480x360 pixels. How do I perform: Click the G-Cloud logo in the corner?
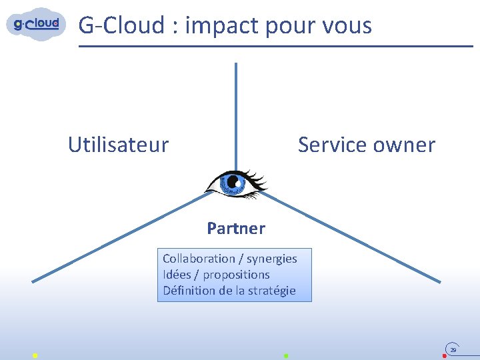click(37, 25)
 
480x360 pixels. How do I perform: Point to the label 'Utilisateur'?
click(118, 145)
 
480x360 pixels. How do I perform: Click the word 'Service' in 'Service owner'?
click(331, 145)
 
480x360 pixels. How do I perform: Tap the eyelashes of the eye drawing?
click(257, 178)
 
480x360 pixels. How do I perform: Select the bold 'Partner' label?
click(236, 229)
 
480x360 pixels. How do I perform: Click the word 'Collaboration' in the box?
click(199, 259)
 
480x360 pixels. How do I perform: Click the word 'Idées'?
click(177, 275)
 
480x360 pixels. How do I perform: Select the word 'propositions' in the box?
click(236, 275)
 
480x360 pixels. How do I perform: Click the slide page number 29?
click(453, 349)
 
